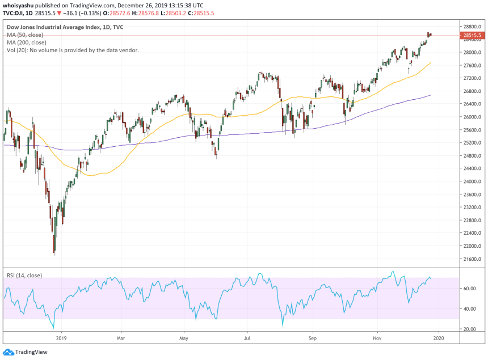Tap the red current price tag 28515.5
point(472,35)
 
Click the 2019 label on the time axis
point(61,338)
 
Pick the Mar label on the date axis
point(121,338)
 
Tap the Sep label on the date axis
point(312,338)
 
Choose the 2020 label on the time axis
point(437,338)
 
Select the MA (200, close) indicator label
point(27,43)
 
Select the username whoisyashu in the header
point(21,4)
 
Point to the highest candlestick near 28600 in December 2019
point(428,35)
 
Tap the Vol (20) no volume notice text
point(73,50)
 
